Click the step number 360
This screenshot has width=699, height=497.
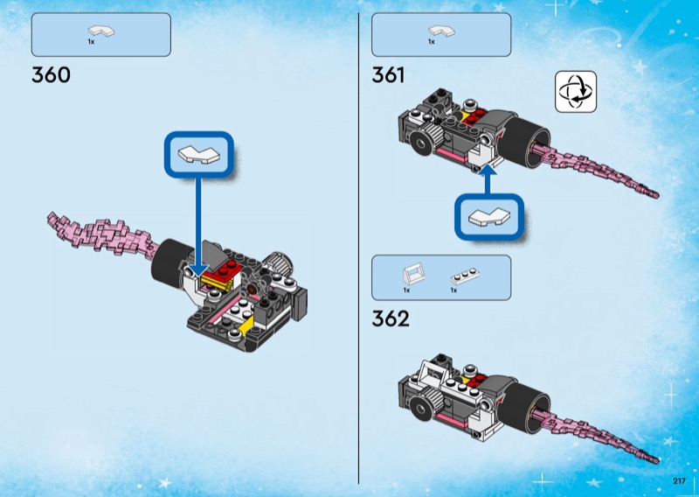coord(51,74)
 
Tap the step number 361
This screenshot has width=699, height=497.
coord(388,74)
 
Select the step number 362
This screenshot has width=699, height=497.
coord(391,318)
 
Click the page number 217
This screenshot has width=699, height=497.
coord(680,481)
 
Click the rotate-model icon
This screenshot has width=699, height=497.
coord(576,92)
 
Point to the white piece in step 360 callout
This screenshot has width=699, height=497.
coord(199,154)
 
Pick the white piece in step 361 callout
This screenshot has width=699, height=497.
coord(489,217)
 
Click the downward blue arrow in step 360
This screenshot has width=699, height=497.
coord(198,227)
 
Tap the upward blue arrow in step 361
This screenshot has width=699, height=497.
coord(489,180)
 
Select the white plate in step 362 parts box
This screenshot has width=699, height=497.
coord(465,276)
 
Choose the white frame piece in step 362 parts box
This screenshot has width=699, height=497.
coord(412,274)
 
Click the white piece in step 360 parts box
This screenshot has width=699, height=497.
coord(101,31)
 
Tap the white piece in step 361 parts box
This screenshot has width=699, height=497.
coord(441,31)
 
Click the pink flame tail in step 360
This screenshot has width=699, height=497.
coord(103,234)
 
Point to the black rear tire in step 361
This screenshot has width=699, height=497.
coord(525,139)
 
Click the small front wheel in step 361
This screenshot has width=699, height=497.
coord(422,143)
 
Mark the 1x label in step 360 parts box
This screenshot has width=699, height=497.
coord(91,41)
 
